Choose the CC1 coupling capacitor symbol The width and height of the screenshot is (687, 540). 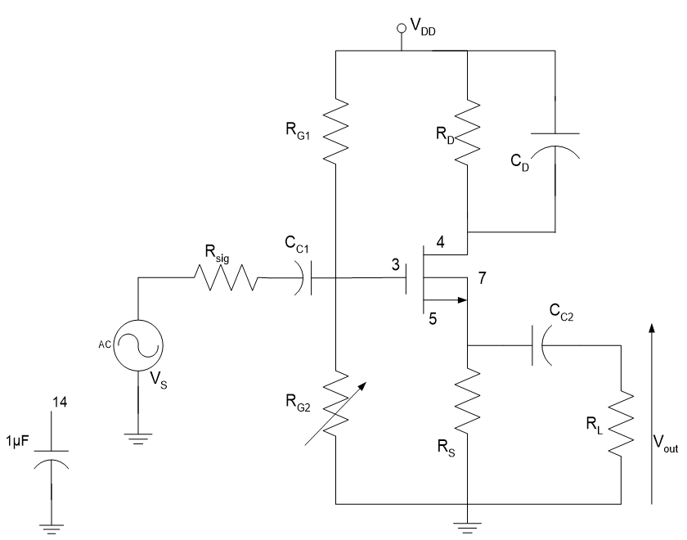[307, 278]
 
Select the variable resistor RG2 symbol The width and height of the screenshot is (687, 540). [335, 401]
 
